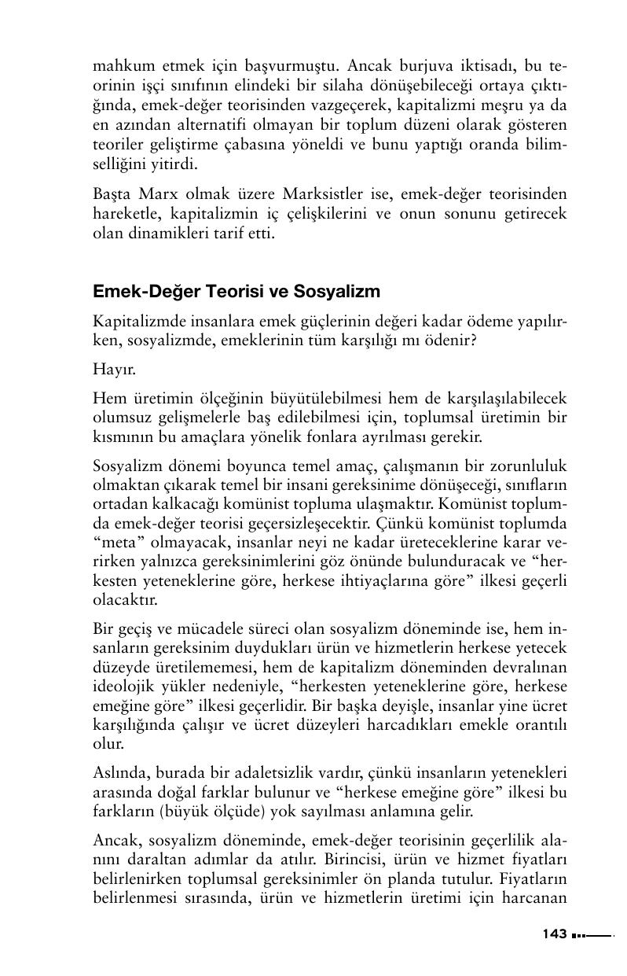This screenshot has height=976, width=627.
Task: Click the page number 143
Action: point(554,934)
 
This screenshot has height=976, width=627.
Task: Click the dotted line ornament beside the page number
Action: point(592,935)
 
